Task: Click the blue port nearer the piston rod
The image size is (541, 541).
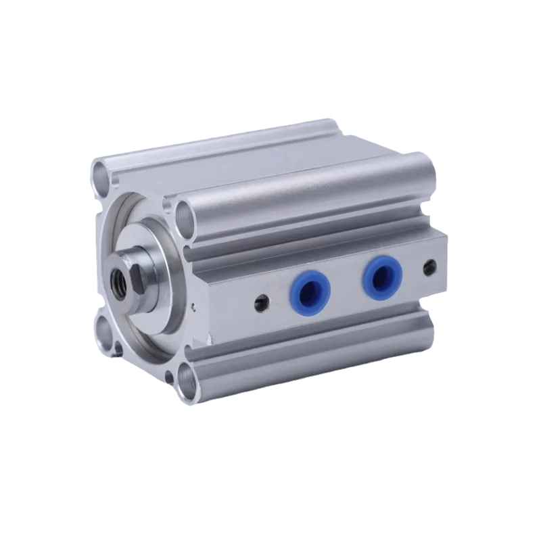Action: coord(307,288)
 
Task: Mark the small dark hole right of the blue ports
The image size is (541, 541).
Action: coord(428,267)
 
